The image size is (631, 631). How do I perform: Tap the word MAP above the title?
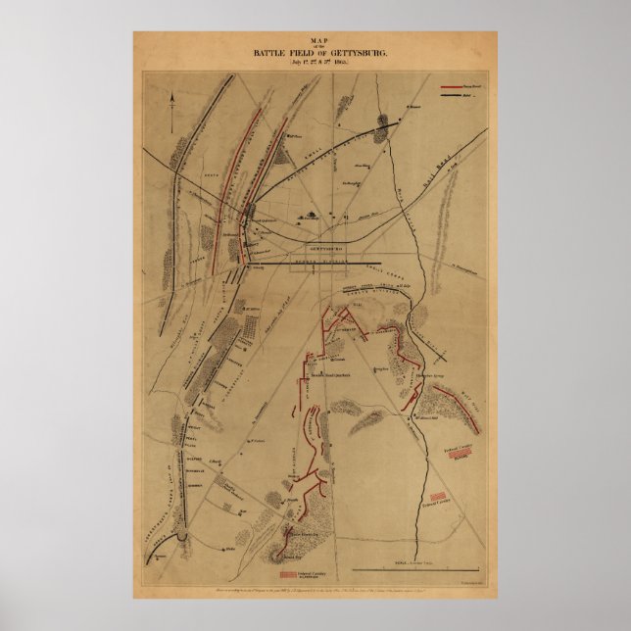click(315, 36)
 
